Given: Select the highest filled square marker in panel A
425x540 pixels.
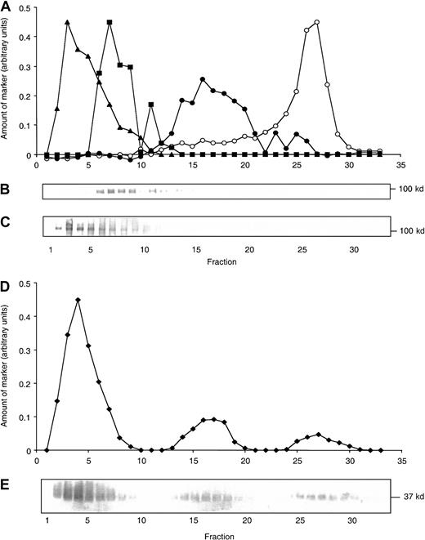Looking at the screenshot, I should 109,22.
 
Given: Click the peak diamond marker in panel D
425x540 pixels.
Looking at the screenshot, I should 78,300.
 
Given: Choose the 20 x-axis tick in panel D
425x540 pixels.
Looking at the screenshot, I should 244,461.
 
